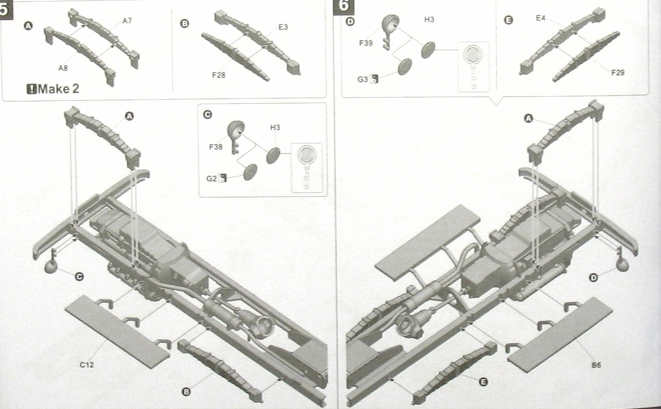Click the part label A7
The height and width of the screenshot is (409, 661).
(127, 20)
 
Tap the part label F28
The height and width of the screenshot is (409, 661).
(219, 75)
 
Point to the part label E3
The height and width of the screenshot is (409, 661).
(283, 27)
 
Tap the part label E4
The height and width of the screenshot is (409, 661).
(541, 18)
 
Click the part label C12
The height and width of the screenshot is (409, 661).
(87, 365)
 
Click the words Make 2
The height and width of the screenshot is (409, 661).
(58, 89)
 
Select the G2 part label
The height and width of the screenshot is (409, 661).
(212, 178)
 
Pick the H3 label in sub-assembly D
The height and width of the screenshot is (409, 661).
(429, 19)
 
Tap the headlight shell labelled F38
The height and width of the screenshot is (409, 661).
(236, 130)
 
